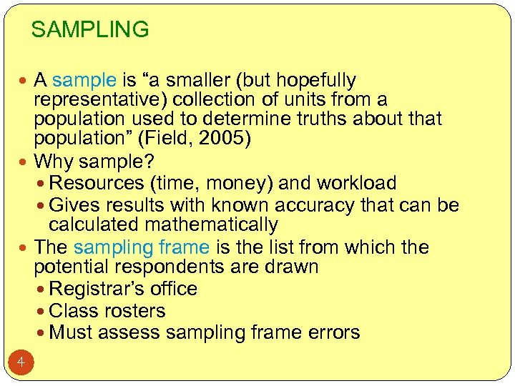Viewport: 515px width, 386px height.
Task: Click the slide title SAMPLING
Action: point(90,30)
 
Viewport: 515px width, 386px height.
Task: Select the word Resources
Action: point(97,183)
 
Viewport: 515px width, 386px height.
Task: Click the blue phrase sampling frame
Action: point(142,248)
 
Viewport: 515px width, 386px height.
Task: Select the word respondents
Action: point(165,267)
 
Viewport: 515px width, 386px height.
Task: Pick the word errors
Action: point(333,332)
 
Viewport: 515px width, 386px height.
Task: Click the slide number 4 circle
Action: point(21,363)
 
